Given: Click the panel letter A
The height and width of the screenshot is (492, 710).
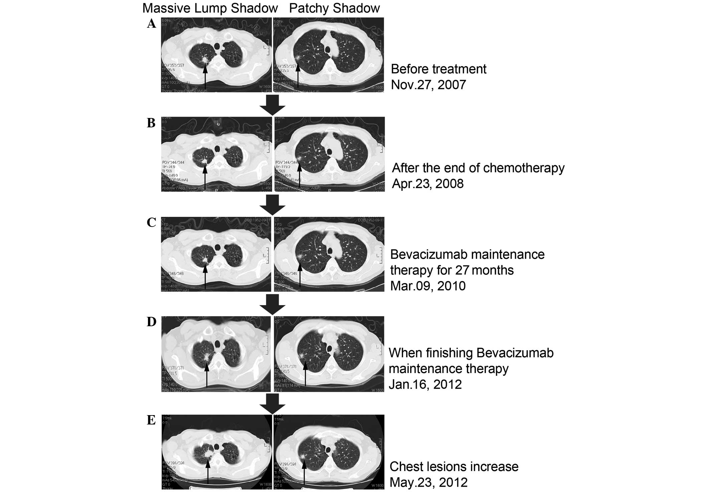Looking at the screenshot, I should pos(151,24).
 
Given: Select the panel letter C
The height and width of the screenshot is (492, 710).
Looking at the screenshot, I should pos(151,223).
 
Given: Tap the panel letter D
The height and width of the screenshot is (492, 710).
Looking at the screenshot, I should pos(151,322).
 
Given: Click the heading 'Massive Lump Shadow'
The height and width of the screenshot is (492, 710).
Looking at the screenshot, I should pos(210,8).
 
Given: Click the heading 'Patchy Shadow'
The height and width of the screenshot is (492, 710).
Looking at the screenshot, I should pos(334,8).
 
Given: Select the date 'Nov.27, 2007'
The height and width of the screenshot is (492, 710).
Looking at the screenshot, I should pos(428,85).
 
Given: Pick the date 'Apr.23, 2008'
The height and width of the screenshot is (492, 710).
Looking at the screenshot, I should pos(428,183).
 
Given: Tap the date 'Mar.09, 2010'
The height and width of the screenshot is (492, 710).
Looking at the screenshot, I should pos(428,286).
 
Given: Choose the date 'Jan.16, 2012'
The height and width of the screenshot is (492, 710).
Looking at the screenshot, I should pos(425,384).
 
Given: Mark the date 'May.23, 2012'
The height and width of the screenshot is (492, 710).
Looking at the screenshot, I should pos(428,482).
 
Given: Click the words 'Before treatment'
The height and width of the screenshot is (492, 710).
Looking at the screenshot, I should pos(438,69).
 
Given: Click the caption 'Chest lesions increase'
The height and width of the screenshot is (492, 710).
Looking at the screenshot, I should pos(454,467).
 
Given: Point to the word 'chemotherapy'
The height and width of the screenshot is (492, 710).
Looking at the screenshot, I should pos(524,168).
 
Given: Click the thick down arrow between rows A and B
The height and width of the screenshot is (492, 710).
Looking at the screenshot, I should pos(272,105).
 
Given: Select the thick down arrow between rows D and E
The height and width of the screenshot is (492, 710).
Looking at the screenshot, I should pos(272,404).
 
